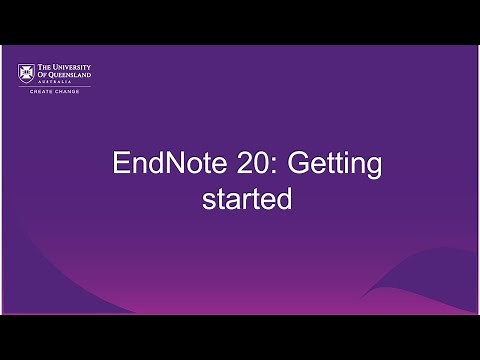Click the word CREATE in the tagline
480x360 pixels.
click(x=49, y=95)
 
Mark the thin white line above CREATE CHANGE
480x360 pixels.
click(x=63, y=89)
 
